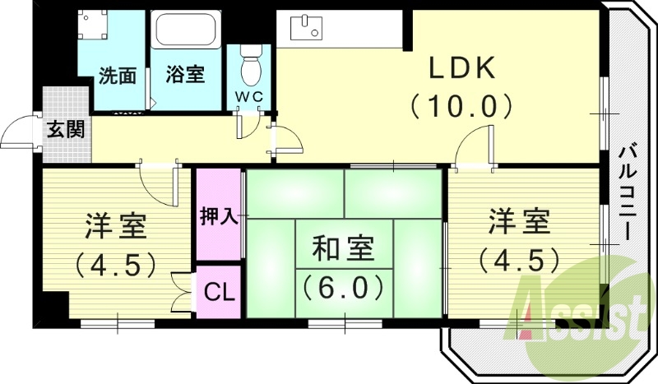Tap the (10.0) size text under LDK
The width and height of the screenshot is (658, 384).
[x=462, y=105]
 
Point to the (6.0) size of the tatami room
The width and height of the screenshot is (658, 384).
[x=343, y=288]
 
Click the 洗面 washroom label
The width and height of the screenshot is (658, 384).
[x=118, y=76]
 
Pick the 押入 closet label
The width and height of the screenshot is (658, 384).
[x=219, y=216]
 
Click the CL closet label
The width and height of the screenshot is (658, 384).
[x=218, y=291]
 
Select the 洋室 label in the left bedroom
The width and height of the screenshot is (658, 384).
[x=115, y=225]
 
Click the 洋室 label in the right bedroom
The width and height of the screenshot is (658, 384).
[x=520, y=222]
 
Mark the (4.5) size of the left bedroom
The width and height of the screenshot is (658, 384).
[x=115, y=264]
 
